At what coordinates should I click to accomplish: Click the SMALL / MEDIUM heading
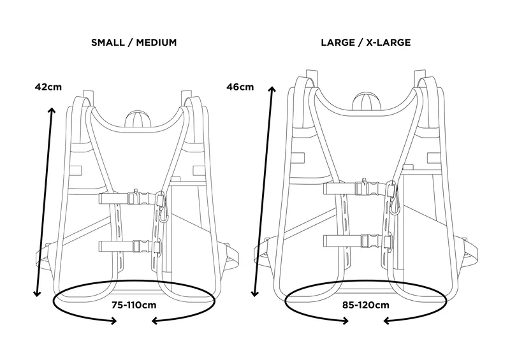pyautogui.click(x=134, y=43)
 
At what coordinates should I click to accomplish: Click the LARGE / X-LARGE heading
pyautogui.click(x=366, y=43)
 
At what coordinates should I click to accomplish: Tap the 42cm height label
pyautogui.click(x=48, y=87)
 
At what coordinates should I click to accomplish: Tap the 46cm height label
pyautogui.click(x=240, y=87)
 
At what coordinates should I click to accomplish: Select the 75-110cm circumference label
pyautogui.click(x=134, y=305)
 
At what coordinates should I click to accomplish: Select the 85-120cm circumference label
pyautogui.click(x=365, y=305)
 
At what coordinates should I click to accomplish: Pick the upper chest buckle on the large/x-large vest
pyautogui.click(x=369, y=188)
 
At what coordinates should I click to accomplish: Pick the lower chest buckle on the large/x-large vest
pyautogui.click(x=369, y=241)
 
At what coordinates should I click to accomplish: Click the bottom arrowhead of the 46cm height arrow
pyautogui.click(x=256, y=297)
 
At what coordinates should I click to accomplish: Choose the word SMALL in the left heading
pyautogui.click(x=108, y=43)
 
